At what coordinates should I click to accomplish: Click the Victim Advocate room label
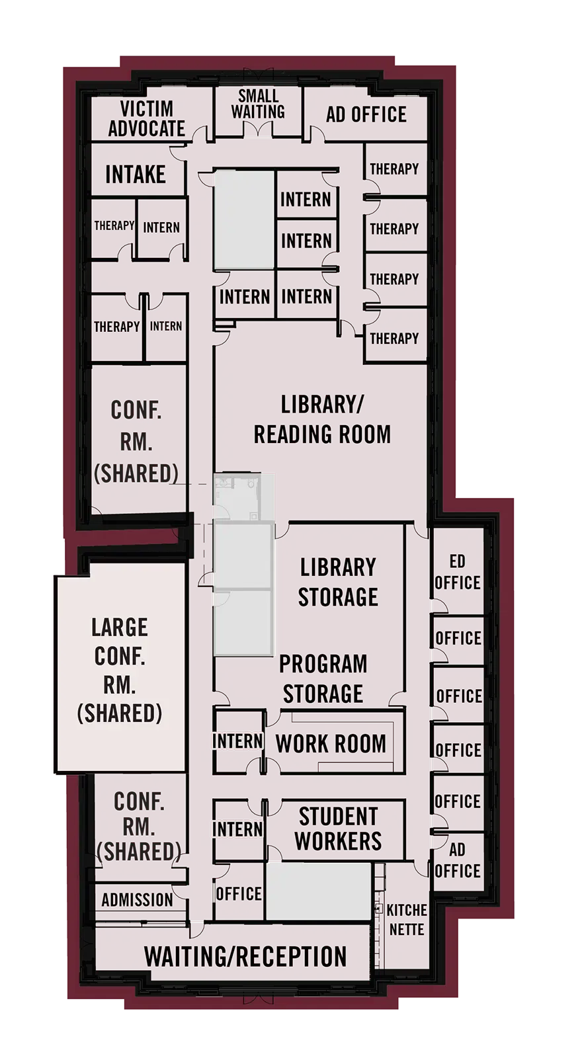(x=146, y=119)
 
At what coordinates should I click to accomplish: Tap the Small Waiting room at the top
(x=258, y=105)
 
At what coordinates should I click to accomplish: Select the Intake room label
(x=136, y=175)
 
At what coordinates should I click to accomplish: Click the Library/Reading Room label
(x=322, y=419)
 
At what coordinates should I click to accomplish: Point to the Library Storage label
(x=338, y=582)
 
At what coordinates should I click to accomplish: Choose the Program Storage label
(x=323, y=678)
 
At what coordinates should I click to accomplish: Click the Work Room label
(x=331, y=743)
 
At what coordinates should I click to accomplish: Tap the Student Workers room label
(x=338, y=829)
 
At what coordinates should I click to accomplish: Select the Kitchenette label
(x=406, y=919)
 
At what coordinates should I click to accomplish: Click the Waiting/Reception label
(x=245, y=957)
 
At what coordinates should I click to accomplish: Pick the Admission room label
(x=138, y=900)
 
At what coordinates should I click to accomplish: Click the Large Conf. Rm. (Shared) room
(x=120, y=669)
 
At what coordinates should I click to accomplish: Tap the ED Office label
(x=458, y=573)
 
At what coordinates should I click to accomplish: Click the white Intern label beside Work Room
(x=237, y=741)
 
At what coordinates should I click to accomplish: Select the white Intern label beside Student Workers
(x=237, y=829)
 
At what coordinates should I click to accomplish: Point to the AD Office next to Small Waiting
(x=366, y=114)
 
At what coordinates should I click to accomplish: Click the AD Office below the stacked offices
(x=457, y=860)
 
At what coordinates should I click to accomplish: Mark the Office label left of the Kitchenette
(x=239, y=894)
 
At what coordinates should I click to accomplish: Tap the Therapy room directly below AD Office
(x=394, y=169)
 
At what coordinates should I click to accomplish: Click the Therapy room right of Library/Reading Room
(x=394, y=339)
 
